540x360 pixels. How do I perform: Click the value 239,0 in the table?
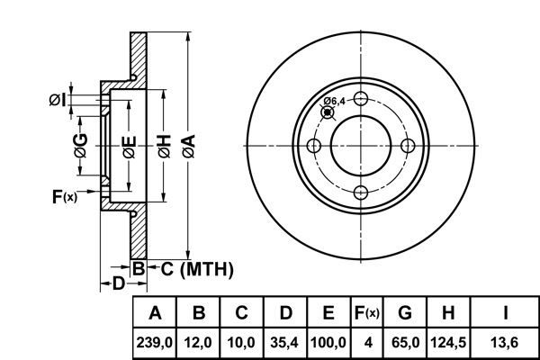pyautogui.click(x=155, y=343)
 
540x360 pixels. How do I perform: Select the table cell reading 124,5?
pyautogui.click(x=448, y=343)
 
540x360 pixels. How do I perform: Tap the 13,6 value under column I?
pyautogui.click(x=505, y=343)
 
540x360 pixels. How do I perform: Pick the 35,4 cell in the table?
pyautogui.click(x=284, y=343)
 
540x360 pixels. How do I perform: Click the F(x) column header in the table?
pyautogui.click(x=367, y=313)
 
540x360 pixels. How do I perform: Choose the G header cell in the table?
pyautogui.click(x=405, y=313)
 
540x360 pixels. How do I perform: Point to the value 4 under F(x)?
pyautogui.click(x=368, y=343)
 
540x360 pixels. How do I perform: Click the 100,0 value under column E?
pyautogui.click(x=328, y=343)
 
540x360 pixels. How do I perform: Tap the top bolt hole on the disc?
pyautogui.click(x=361, y=99)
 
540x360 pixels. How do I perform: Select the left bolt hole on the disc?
pyautogui.click(x=314, y=146)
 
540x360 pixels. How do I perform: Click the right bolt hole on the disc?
pyautogui.click(x=408, y=146)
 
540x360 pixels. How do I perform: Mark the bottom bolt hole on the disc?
pyautogui.click(x=361, y=193)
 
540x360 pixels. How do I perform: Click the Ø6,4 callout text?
pyautogui.click(x=334, y=102)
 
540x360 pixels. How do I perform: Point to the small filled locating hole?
pyautogui.click(x=328, y=112)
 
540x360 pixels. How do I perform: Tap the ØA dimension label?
pyautogui.click(x=189, y=147)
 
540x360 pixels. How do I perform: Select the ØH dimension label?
pyautogui.click(x=165, y=147)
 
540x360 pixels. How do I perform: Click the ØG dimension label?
pyautogui.click(x=81, y=146)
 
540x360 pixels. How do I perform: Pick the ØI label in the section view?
pyautogui.click(x=58, y=100)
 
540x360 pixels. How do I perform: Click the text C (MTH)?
pyautogui.click(x=197, y=269)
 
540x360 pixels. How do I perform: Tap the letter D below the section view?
pyautogui.click(x=118, y=283)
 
